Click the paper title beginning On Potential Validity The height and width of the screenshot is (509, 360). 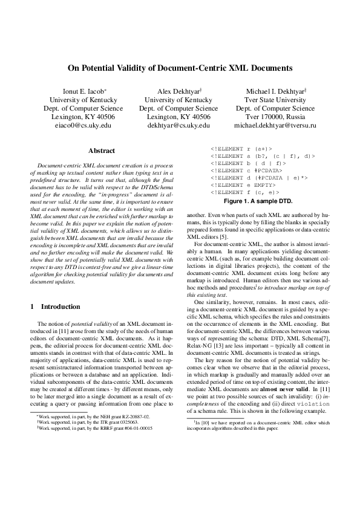[x=180, y=68]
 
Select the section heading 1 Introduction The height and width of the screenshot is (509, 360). [x=55, y=306]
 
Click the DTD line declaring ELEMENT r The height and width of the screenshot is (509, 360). [x=241, y=148]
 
